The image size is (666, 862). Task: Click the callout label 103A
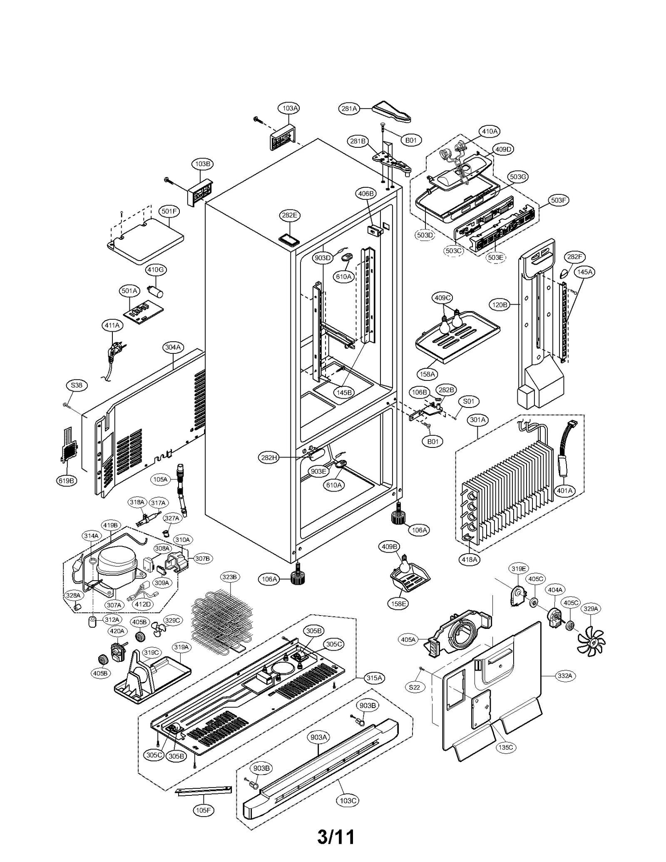point(290,108)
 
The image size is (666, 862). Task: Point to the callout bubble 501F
point(169,211)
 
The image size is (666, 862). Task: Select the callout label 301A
point(478,420)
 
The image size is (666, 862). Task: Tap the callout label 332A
point(565,676)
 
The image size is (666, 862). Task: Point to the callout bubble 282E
point(290,215)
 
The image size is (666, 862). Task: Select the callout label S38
point(77,385)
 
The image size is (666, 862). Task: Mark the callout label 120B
point(499,305)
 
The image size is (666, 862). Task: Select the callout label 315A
point(373,678)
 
